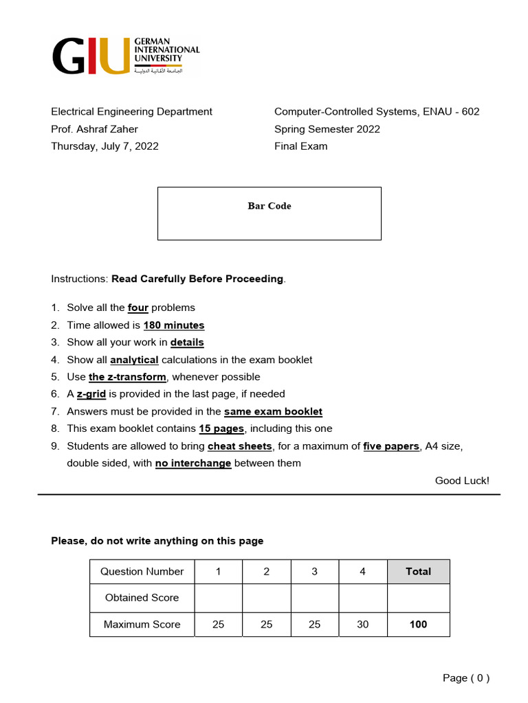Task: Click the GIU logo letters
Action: pyautogui.click(x=91, y=56)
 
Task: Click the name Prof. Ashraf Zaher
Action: pyautogui.click(x=94, y=129)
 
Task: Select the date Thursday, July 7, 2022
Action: pyautogui.click(x=104, y=146)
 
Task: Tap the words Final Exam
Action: pyautogui.click(x=301, y=146)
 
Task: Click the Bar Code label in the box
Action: pyautogui.click(x=269, y=206)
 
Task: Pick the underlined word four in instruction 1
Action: pyautogui.click(x=138, y=308)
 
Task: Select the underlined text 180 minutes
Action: pyautogui.click(x=174, y=325)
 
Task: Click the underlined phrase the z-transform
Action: pyautogui.click(x=127, y=377)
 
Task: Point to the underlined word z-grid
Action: pyautogui.click(x=91, y=394)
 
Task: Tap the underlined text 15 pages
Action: pyautogui.click(x=221, y=428)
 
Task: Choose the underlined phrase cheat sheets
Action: pyautogui.click(x=240, y=446)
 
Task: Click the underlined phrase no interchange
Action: pyautogui.click(x=193, y=463)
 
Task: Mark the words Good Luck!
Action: pyautogui.click(x=462, y=481)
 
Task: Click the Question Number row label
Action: pyautogui.click(x=142, y=571)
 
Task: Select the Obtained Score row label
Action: pyautogui.click(x=142, y=597)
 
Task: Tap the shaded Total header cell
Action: pyautogui.click(x=418, y=571)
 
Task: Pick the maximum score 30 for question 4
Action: pyautogui.click(x=363, y=624)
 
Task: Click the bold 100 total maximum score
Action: pyautogui.click(x=418, y=624)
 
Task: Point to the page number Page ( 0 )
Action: pyautogui.click(x=466, y=678)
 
